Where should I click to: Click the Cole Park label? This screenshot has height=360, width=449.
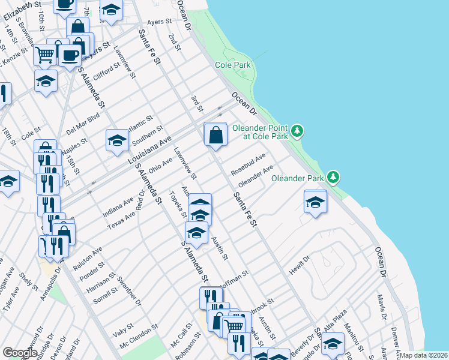234,64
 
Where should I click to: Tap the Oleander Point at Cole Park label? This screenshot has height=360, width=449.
265,132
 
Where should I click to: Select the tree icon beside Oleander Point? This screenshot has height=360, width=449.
297,131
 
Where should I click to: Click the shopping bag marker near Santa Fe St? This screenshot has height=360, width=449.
215,135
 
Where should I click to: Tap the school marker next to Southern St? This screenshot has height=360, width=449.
117,141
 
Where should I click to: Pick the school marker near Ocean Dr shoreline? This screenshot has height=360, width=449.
315,202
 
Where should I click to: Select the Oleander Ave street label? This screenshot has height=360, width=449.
256,175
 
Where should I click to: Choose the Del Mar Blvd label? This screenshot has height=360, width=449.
82,122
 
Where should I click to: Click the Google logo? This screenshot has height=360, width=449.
20,353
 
